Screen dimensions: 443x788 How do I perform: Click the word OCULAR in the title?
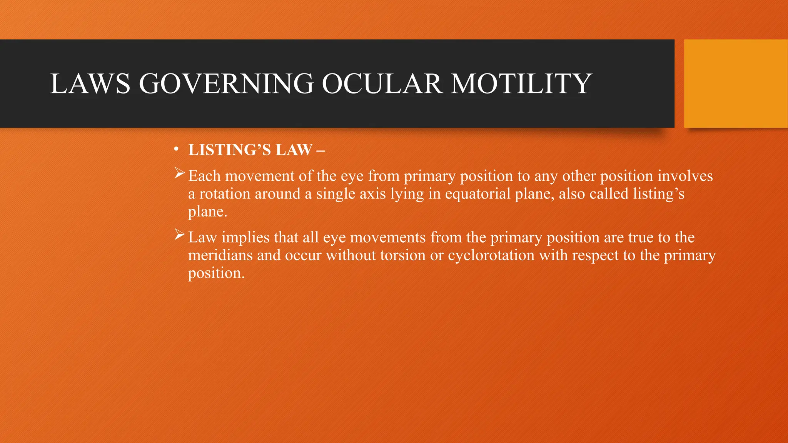381,84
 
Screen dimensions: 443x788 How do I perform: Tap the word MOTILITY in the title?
521,84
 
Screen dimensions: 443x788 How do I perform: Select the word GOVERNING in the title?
226,84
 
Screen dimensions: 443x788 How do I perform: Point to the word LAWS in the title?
90,84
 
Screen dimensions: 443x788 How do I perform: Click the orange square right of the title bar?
736,83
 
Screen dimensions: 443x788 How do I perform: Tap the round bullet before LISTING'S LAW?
176,150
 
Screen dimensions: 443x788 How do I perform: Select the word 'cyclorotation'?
491,255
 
